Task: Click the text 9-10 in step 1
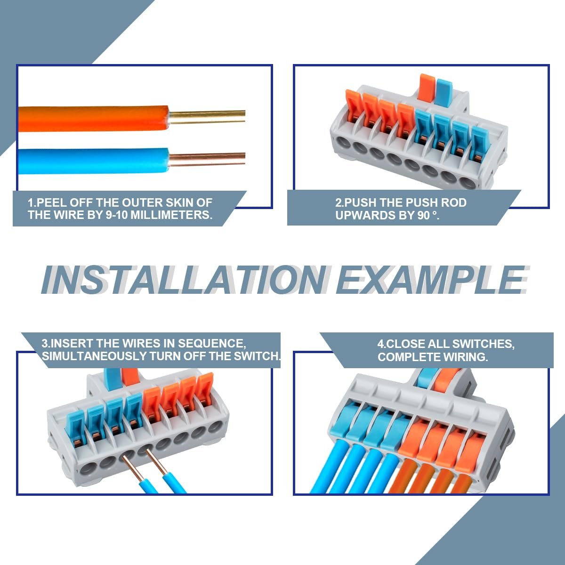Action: coord(116,215)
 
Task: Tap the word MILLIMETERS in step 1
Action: coord(171,215)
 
